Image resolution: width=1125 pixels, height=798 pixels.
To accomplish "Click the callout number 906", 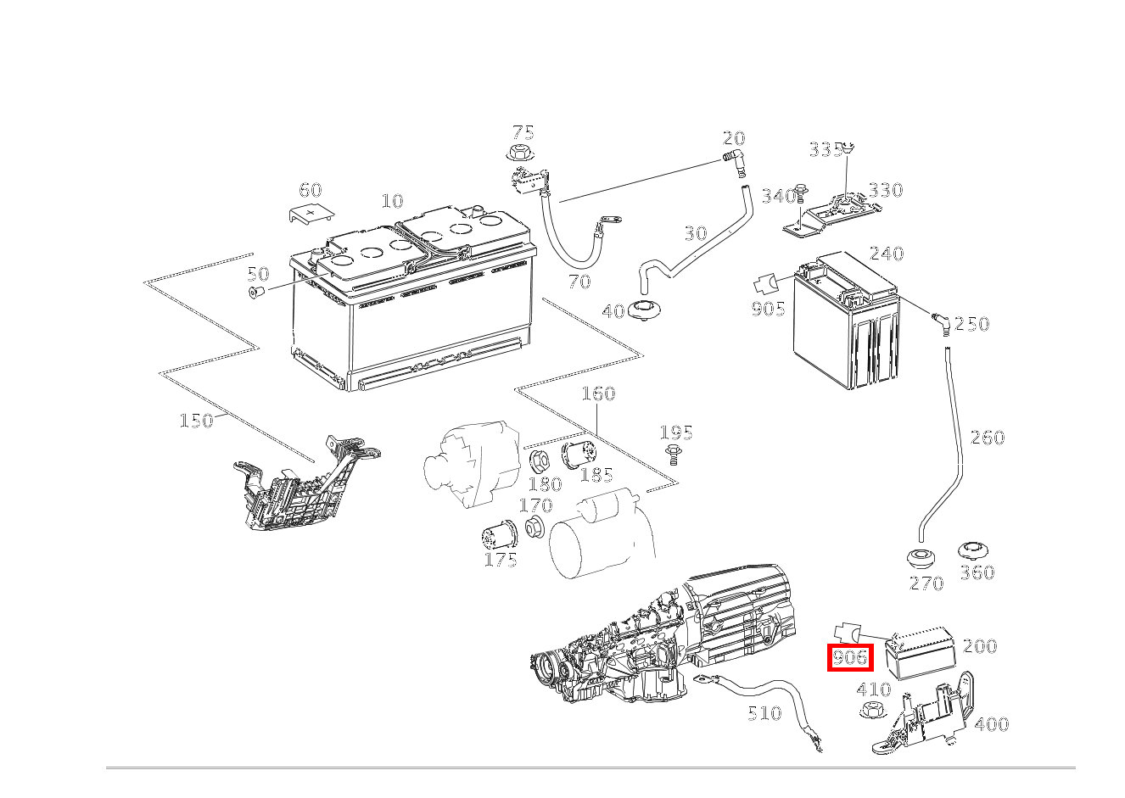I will click(x=850, y=657).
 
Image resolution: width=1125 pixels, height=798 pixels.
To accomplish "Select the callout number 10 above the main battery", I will click(x=392, y=201).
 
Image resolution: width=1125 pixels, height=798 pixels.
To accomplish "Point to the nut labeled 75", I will click(x=518, y=154).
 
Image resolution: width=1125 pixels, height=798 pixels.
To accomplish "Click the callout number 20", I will click(x=734, y=138).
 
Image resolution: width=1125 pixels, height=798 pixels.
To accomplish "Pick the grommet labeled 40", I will click(x=648, y=310).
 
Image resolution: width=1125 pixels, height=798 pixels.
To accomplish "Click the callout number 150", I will click(x=196, y=421).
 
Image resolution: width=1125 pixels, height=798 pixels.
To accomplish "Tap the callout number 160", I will click(x=598, y=393).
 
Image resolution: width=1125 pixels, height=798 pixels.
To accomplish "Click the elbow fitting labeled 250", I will click(x=940, y=321).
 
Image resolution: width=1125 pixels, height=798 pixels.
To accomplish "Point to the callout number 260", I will click(x=987, y=438).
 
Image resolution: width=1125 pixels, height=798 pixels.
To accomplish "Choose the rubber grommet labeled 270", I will click(x=920, y=560).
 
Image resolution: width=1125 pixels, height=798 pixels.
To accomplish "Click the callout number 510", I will click(x=764, y=713).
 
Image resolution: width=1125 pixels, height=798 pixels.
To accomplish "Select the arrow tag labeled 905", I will click(x=766, y=284).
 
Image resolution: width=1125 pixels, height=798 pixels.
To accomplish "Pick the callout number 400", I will click(x=991, y=724).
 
